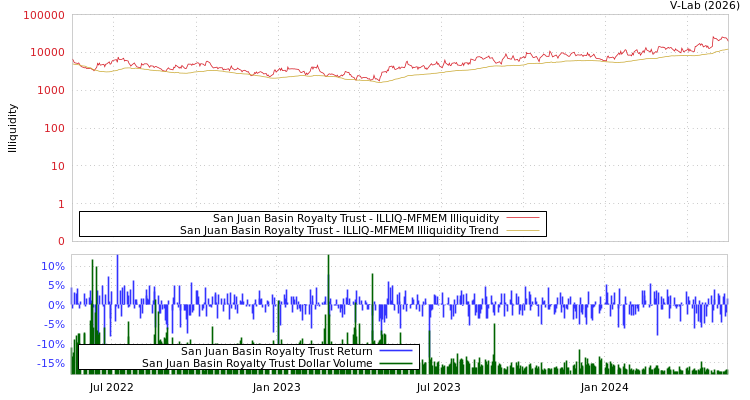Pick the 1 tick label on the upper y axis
point(60,204)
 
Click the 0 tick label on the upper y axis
point(60,241)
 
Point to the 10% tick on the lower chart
point(53,266)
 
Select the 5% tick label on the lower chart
point(56,285)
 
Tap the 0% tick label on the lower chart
point(56,305)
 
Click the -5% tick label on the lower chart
point(54,324)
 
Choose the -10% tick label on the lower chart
point(51,344)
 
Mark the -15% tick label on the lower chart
point(51,363)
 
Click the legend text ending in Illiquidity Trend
point(339,230)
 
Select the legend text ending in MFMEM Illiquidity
point(355,218)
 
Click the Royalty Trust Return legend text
point(276,351)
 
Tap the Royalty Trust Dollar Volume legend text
point(257,363)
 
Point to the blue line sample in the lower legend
point(396,351)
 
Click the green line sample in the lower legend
point(396,363)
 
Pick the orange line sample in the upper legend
point(522,230)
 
